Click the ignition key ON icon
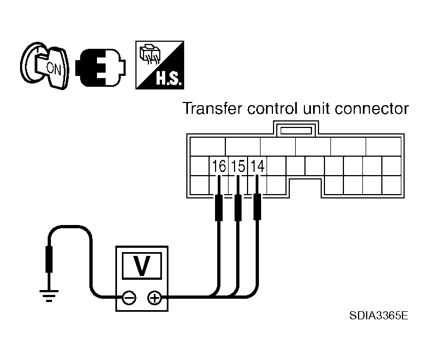pos(44,66)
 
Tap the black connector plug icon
pos(100,67)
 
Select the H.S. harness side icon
pos(160,65)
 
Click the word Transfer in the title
pos(212,108)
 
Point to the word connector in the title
pos(372,108)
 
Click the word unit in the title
pos(316,108)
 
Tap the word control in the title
pos(272,108)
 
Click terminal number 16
pos(219,166)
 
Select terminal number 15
pos(238,166)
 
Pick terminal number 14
pos(257,166)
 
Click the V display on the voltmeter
pos(142,266)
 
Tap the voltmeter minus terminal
pos(129,298)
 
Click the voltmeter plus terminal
pos(154,298)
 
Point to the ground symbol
pos(49,295)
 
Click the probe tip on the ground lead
pos(49,259)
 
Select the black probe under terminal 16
pos(219,207)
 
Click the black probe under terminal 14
pos(257,207)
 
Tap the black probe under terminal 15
pos(238,207)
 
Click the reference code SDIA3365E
pos(379,316)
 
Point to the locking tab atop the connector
pos(296,128)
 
